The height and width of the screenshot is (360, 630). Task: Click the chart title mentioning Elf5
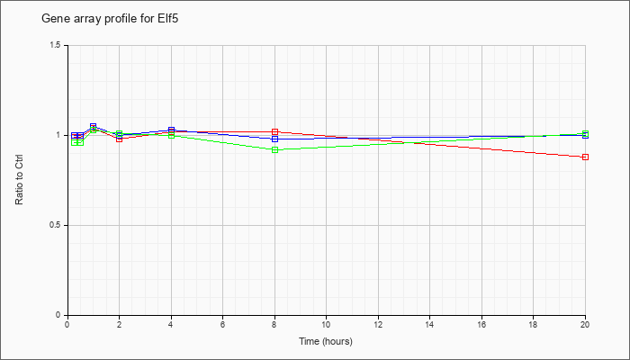110,19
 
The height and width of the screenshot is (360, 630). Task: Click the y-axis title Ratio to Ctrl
19,180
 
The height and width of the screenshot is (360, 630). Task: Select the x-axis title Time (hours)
326,341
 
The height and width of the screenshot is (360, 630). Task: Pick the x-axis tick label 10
326,324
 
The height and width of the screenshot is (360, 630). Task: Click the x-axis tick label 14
429,324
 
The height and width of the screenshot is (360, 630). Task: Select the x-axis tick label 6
222,324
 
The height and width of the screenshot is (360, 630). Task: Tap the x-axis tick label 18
533,324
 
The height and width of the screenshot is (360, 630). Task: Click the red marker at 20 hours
585,157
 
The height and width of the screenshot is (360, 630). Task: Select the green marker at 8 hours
274,150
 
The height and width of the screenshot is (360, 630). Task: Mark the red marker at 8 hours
274,131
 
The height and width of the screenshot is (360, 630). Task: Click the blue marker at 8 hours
274,139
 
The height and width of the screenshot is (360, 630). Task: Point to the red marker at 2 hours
120,139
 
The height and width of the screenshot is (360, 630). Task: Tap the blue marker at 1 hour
94,126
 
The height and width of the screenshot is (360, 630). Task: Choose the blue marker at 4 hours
172,130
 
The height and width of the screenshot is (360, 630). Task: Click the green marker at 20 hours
585,133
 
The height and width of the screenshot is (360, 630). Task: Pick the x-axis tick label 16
481,324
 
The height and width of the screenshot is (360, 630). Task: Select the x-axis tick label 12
378,324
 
